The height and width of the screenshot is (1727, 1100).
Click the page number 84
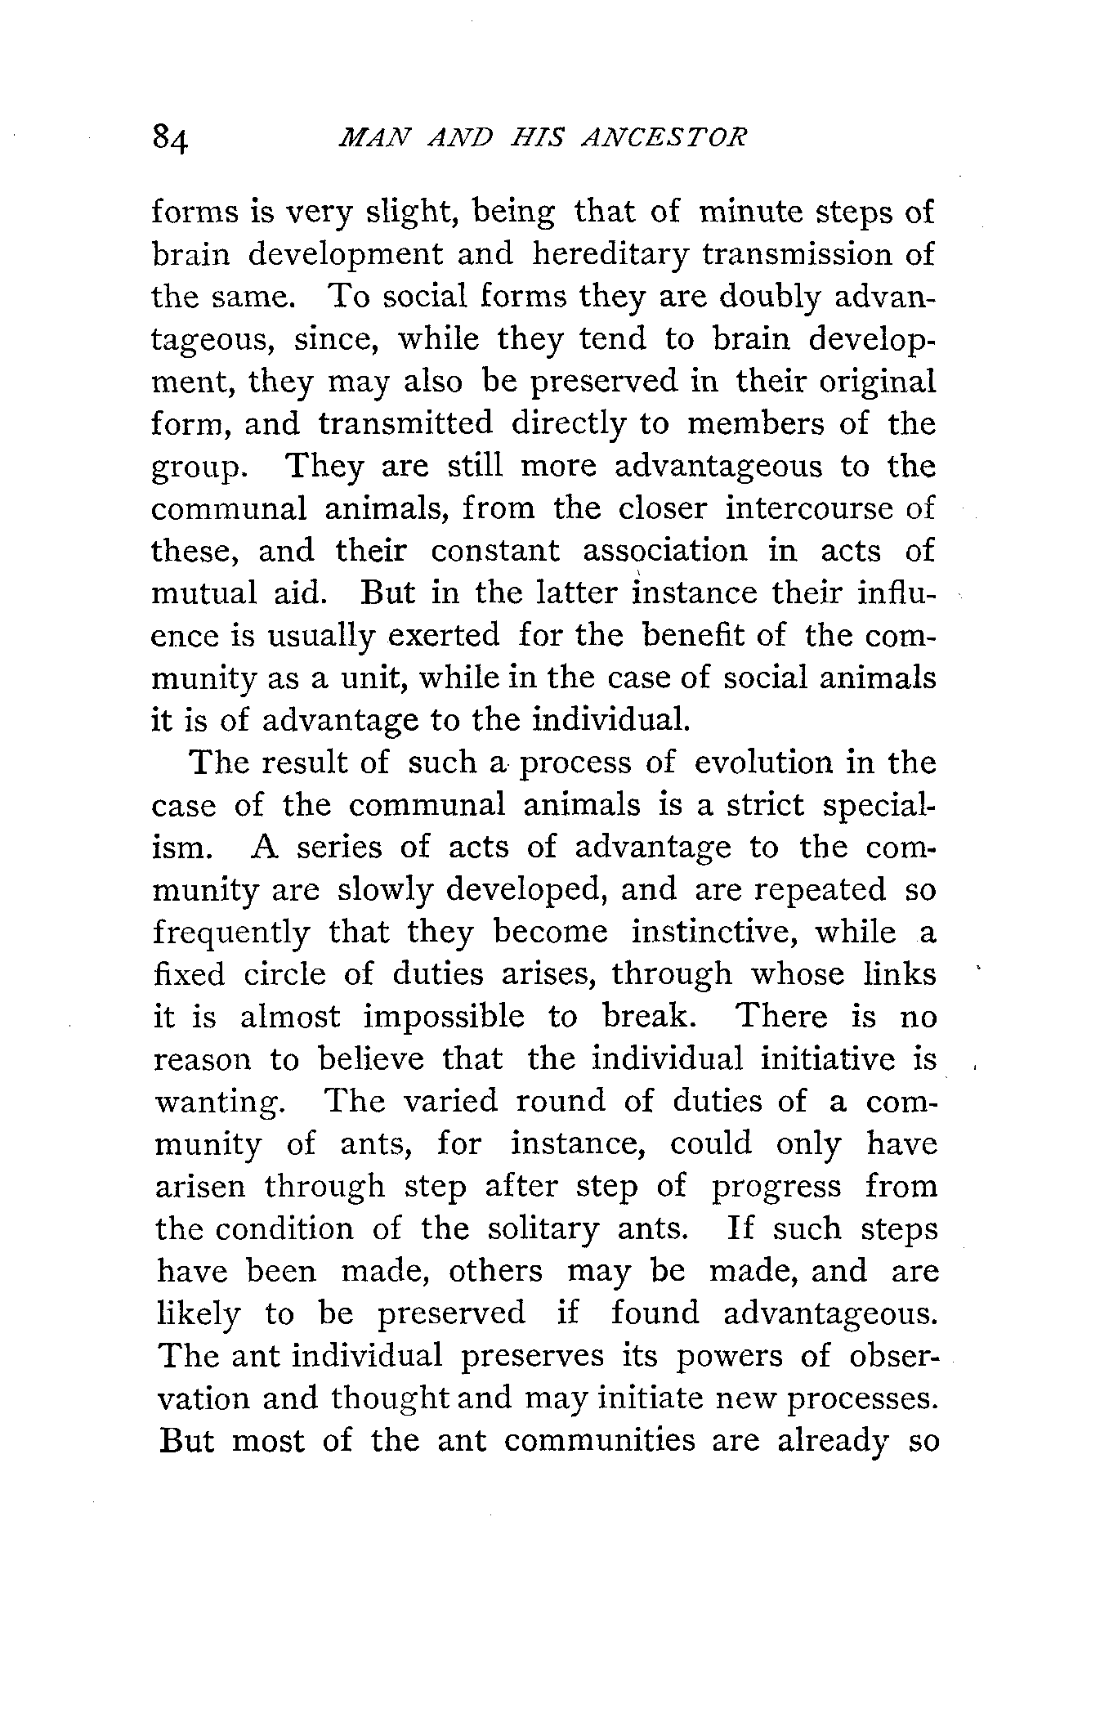point(171,140)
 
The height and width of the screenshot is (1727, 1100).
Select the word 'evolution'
point(760,763)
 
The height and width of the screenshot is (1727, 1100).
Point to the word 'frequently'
point(231,933)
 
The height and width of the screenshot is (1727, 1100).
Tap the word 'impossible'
point(444,1018)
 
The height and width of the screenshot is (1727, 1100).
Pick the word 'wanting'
point(219,1103)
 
